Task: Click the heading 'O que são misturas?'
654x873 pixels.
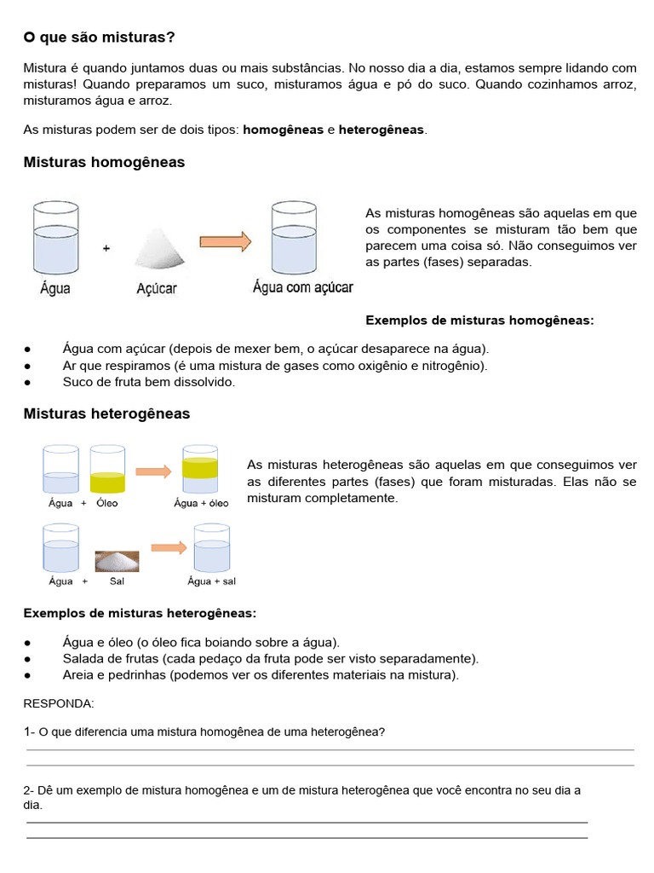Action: pos(100,38)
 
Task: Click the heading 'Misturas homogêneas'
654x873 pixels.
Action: pos(104,162)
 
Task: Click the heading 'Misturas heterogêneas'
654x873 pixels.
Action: pos(106,413)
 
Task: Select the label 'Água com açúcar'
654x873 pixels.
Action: pos(302,287)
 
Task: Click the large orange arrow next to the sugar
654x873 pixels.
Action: pos(226,242)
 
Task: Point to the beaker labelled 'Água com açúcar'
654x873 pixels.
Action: pos(294,237)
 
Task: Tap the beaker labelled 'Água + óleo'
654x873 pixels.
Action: pos(200,468)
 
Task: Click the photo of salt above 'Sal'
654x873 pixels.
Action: pos(117,560)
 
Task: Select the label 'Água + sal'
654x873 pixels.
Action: pos(211,581)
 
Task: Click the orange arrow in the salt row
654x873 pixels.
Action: pos(169,548)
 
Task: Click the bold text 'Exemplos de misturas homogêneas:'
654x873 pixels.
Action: pos(479,321)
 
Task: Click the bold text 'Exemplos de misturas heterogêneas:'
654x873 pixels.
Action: pos(140,613)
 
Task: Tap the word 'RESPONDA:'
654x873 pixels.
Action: pos(59,703)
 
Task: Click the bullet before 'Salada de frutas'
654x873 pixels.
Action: pos(28,659)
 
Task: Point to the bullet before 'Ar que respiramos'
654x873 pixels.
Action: pos(28,366)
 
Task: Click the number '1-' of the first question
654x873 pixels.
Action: pos(30,731)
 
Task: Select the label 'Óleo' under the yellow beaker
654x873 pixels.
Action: pos(107,503)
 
